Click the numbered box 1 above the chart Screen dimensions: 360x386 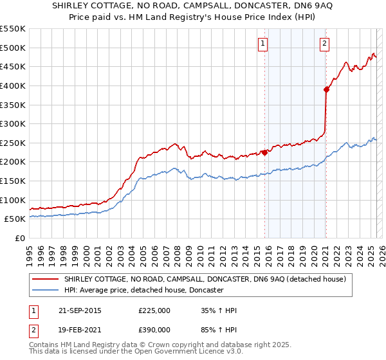pos(264,44)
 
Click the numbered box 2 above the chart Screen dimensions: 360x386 pos(324,44)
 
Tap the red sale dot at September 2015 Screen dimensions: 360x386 pos(264,152)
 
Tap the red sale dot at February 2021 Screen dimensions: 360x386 pos(326,89)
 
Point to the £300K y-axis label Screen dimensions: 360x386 pos(12,123)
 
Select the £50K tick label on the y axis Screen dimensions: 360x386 pos(15,219)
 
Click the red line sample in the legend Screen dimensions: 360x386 pos(46,279)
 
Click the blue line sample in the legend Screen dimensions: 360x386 pos(46,290)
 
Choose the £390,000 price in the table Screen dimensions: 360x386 pos(154,329)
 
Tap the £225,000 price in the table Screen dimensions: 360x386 pos(154,310)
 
